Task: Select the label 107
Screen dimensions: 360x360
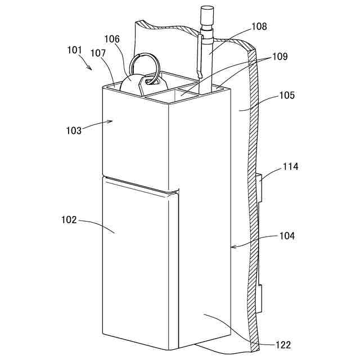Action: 98,55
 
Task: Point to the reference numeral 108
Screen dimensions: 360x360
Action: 244,27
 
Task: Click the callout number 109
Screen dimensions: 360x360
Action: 280,57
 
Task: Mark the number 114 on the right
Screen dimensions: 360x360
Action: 290,166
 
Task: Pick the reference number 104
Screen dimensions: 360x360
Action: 286,236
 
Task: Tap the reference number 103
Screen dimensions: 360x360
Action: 74,130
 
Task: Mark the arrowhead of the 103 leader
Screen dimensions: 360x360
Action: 111,120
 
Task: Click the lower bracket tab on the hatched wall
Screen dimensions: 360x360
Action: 261,299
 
